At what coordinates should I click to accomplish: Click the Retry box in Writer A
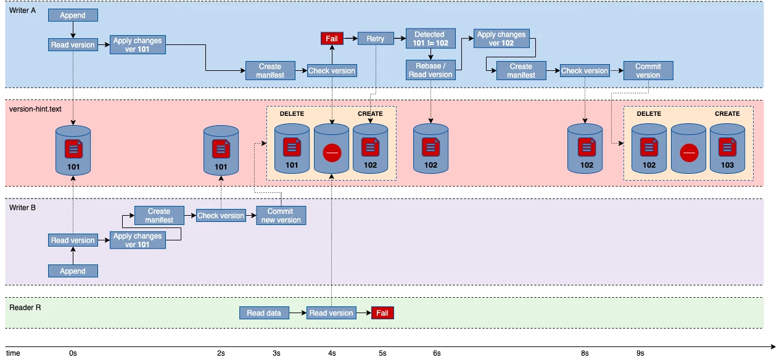tap(376, 39)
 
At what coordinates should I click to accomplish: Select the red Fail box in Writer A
tap(332, 39)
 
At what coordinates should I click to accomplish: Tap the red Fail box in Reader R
tap(382, 313)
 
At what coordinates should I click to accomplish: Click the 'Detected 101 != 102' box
tap(430, 39)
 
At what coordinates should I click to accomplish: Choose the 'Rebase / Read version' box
tap(430, 70)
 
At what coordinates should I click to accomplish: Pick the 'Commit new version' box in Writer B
tap(281, 216)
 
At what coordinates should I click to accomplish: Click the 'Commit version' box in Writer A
tap(648, 70)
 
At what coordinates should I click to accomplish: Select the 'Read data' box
tap(264, 313)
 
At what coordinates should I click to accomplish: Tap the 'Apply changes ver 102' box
tap(501, 39)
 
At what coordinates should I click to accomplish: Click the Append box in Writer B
tap(73, 271)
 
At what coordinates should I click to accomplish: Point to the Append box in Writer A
tap(73, 15)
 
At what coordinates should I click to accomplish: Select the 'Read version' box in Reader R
tap(331, 313)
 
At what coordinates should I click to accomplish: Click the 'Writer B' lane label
tap(23, 208)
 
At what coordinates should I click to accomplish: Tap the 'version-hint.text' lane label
tap(35, 109)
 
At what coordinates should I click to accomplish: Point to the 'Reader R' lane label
tap(25, 306)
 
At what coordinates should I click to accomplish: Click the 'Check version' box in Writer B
tap(221, 216)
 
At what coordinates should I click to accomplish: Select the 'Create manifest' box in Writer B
tap(159, 216)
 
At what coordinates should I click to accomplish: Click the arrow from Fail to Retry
tap(350, 39)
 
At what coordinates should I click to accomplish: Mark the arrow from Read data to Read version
tap(297, 313)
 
